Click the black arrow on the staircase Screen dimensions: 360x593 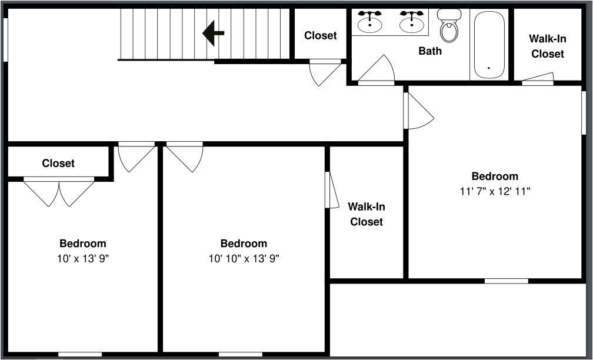[213, 34]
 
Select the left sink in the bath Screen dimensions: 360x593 [369, 22]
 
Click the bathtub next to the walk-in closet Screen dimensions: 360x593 [488, 45]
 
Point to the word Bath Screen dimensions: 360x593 [430, 51]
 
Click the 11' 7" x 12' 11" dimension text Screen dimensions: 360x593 [495, 191]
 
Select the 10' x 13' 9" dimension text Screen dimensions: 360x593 [83, 258]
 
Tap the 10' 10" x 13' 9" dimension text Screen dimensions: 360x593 [244, 258]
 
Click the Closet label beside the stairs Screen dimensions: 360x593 [321, 36]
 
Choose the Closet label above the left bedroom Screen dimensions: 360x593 [58, 163]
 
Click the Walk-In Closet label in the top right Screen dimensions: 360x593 [547, 46]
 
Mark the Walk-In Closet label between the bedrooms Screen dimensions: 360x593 [367, 214]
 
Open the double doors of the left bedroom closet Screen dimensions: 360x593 [59, 192]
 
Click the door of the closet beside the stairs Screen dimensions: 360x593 [325, 72]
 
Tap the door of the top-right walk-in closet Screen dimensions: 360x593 [538, 78]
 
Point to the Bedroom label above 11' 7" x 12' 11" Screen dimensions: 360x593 [495, 176]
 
